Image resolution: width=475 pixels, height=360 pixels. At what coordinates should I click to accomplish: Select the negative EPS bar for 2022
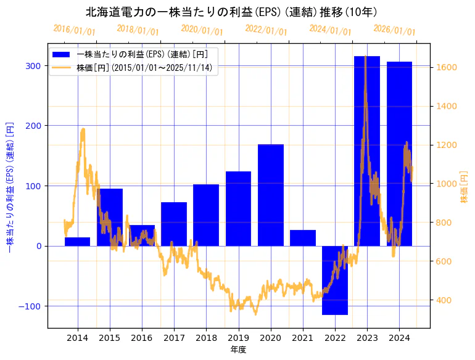335,280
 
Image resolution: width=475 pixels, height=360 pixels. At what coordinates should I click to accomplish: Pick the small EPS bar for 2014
77,242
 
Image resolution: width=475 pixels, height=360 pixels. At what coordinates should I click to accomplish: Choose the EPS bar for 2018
206,215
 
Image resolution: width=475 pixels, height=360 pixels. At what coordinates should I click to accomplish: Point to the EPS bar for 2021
302,238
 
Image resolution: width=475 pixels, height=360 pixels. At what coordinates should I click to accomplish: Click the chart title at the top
231,12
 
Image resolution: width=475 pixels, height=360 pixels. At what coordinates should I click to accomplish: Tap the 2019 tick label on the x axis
238,338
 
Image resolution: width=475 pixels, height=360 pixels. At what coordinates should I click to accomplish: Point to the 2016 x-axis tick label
142,338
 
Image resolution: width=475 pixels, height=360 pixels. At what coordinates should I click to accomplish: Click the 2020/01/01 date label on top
202,30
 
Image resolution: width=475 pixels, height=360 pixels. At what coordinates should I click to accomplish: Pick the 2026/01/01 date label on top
394,30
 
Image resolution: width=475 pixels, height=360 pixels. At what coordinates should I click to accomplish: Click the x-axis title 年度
238,350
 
